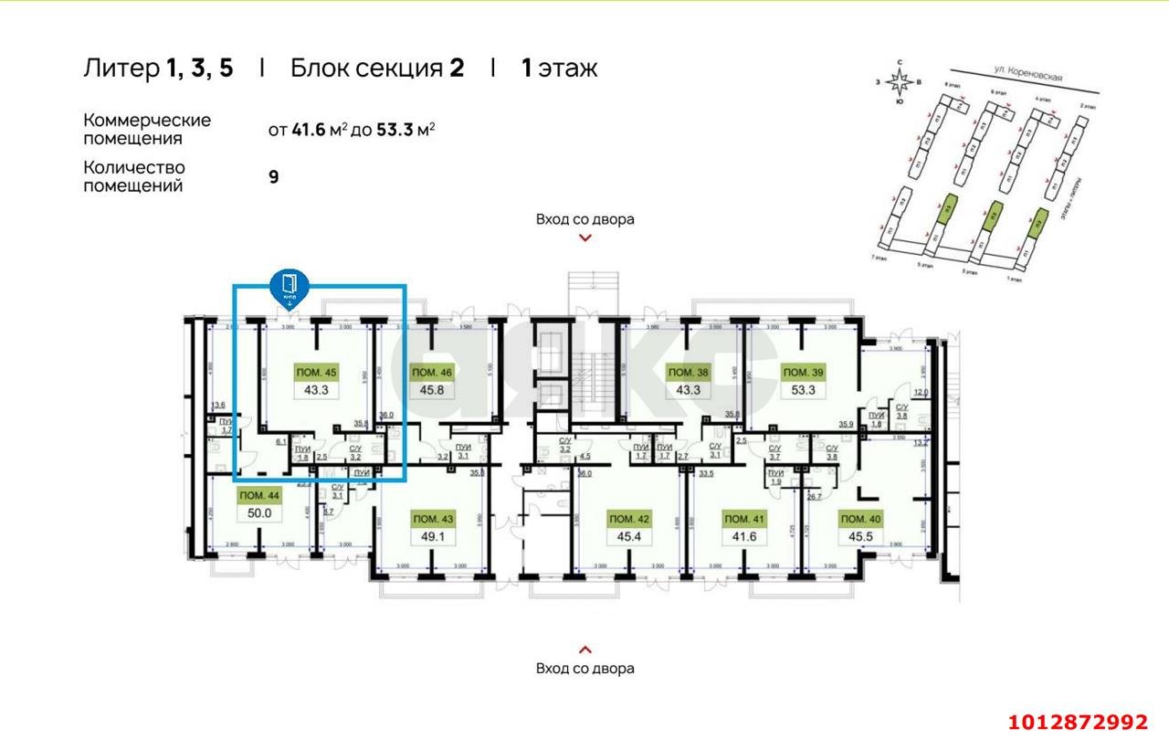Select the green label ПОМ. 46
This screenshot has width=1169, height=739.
tap(432, 373)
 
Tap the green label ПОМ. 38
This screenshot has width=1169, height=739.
tap(688, 373)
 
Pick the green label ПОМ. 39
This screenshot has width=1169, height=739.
tap(803, 373)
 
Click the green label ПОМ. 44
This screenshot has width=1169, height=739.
tap(259, 495)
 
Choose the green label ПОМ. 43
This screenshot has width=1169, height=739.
tap(432, 519)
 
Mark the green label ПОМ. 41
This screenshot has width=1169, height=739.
tap(744, 519)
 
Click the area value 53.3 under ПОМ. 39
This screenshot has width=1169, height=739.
tap(803, 390)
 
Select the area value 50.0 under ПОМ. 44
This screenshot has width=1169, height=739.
tap(259, 513)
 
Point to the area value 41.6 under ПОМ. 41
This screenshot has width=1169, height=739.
tap(744, 536)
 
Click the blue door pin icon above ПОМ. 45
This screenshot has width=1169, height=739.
tap(290, 286)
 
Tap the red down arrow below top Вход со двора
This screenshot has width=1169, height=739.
tap(585, 238)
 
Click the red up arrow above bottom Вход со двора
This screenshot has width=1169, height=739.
tap(585, 649)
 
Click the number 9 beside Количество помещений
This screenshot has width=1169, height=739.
tap(273, 176)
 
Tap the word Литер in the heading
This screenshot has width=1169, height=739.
tap(121, 69)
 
